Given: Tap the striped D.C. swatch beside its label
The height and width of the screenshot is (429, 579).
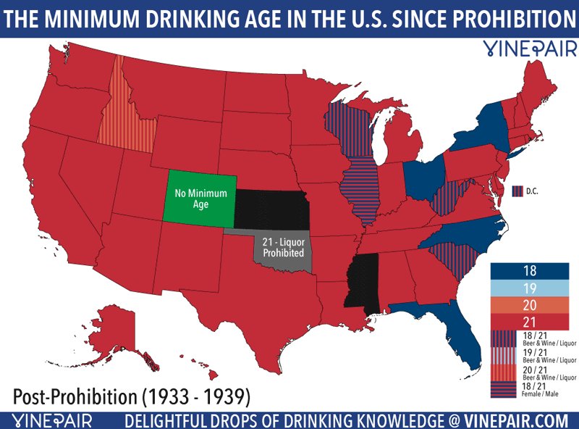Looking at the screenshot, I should click(517, 191).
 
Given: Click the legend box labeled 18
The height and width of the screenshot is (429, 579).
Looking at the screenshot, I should click(531, 270).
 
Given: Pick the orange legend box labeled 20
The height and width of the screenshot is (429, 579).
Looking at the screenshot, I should click(531, 303).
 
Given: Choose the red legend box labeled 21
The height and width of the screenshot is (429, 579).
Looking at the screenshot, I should click(531, 320).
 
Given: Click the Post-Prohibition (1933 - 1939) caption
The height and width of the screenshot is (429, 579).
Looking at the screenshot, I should click(132, 396).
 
